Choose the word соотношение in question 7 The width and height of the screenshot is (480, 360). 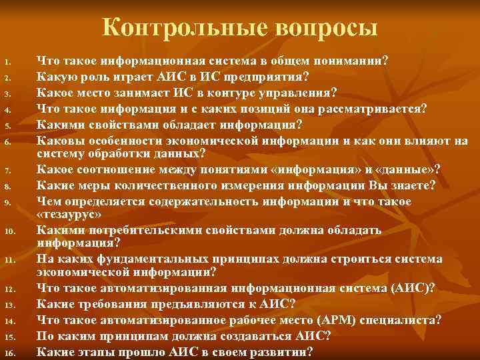tap(119, 169)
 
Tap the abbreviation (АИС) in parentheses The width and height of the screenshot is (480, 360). tap(412, 288)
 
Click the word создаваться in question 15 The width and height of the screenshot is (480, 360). tap(247, 335)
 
